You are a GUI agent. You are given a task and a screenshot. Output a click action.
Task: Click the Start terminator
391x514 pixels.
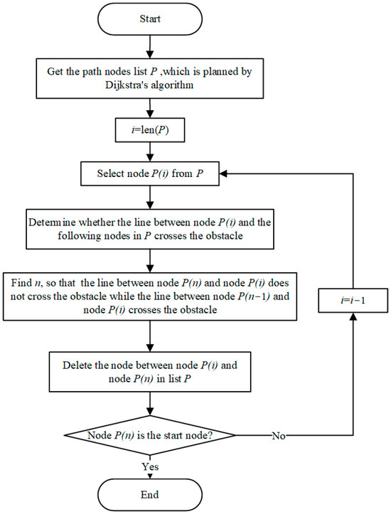(x=150, y=19)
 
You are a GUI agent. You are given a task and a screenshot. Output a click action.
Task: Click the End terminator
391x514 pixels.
(x=150, y=495)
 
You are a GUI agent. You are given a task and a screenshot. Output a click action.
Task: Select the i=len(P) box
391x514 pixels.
(x=150, y=130)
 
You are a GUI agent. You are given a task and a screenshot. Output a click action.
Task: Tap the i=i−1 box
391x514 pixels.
(x=353, y=300)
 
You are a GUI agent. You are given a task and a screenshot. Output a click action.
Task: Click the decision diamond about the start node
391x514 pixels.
(x=150, y=435)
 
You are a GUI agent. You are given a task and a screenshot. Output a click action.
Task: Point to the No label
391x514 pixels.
(x=279, y=436)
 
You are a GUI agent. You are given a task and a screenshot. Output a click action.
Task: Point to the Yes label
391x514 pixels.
(x=150, y=466)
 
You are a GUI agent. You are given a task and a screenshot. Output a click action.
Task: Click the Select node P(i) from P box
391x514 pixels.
(x=150, y=173)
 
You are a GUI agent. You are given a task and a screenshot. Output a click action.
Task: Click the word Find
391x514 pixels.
(x=21, y=282)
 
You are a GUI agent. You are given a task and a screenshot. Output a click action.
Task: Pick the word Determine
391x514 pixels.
(x=53, y=223)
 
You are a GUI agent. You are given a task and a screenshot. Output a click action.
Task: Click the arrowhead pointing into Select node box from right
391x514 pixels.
(x=223, y=173)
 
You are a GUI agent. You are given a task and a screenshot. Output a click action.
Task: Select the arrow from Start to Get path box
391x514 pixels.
(x=150, y=47)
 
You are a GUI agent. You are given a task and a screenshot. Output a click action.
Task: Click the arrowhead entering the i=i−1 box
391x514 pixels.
(x=353, y=316)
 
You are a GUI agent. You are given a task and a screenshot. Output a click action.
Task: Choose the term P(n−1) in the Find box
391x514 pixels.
(x=254, y=296)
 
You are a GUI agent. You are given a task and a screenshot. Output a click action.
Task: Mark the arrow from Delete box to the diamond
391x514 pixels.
(x=150, y=404)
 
